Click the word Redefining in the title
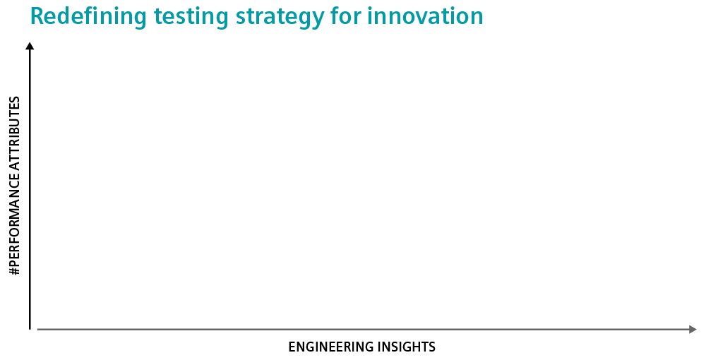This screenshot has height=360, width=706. [88, 17]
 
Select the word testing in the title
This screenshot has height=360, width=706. [191, 17]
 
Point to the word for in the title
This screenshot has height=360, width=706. [345, 16]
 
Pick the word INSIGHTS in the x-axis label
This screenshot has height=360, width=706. [406, 347]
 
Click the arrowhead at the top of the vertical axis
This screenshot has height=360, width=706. [30, 45]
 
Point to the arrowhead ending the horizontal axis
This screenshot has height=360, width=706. [693, 330]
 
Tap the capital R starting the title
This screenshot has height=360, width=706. [38, 17]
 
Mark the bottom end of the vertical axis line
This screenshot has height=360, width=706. [30, 330]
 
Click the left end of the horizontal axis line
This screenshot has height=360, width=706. [37, 330]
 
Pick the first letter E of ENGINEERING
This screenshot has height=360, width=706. [292, 347]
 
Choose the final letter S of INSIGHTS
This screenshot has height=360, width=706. [432, 347]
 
